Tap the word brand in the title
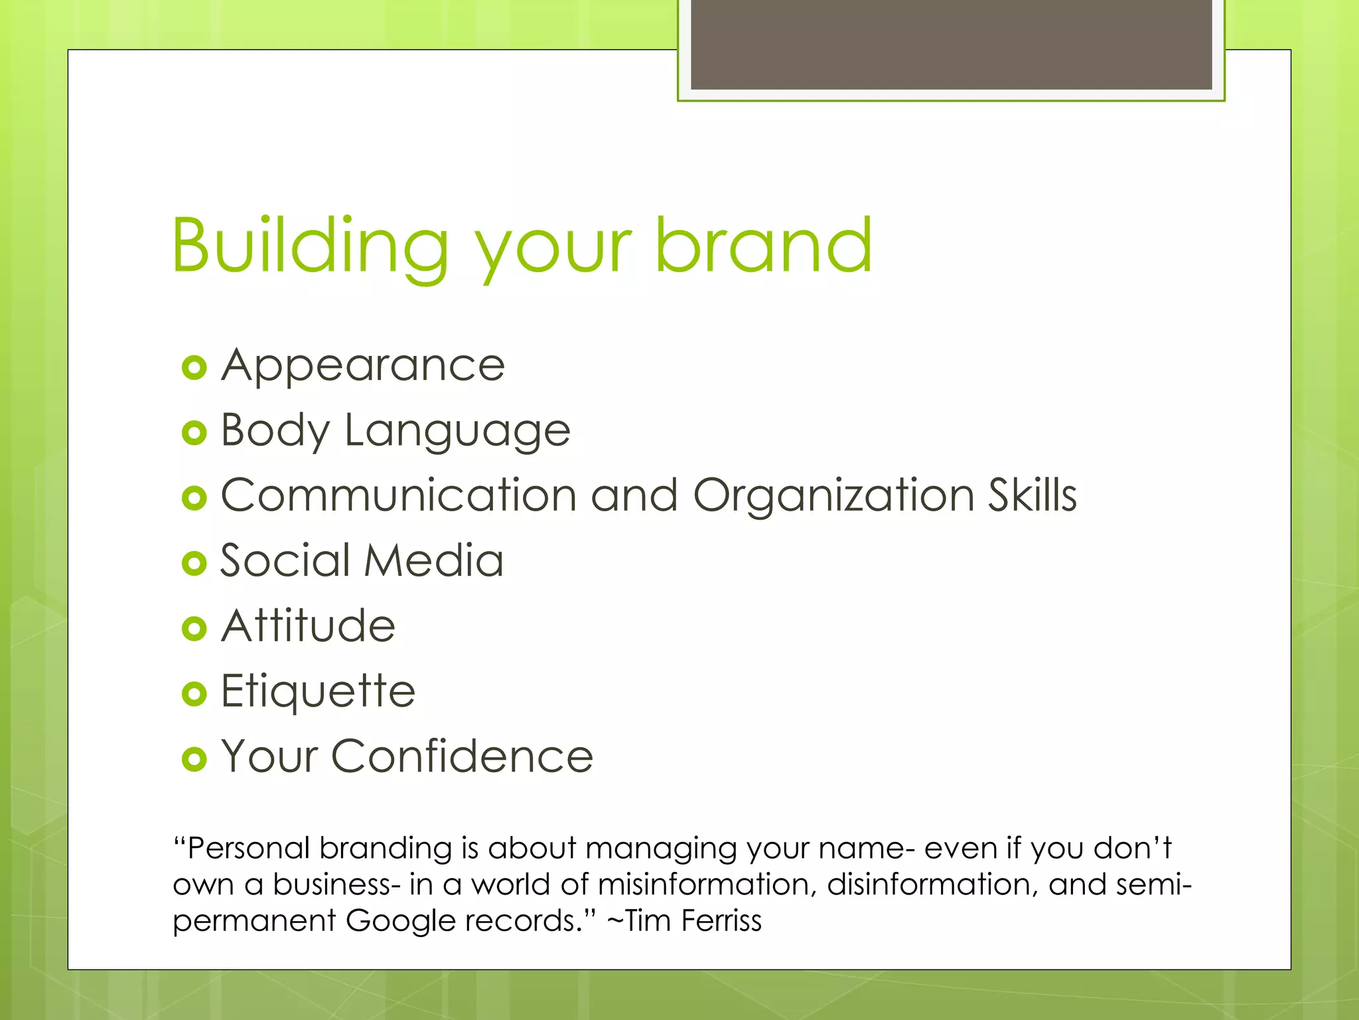tap(763, 246)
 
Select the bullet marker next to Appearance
tap(194, 368)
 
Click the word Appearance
tap(363, 367)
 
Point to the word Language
tap(457, 432)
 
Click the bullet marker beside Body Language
tap(194, 433)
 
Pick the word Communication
tap(398, 495)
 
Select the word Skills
tap(1032, 495)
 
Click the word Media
tap(434, 560)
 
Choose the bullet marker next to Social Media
tap(194, 564)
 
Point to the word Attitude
tap(309, 626)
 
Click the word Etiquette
tap(318, 692)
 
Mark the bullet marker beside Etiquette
tap(194, 694)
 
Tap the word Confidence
tap(462, 756)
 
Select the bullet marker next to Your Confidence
tap(194, 759)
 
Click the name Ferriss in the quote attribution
tap(721, 920)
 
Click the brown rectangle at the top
tap(951, 44)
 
